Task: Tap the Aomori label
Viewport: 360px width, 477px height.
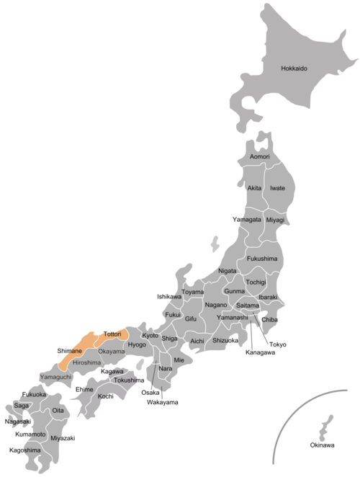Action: point(259,156)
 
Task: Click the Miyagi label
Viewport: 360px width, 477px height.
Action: point(275,220)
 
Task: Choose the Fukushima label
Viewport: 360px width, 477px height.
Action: point(262,258)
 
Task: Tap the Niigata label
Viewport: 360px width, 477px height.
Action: point(227,271)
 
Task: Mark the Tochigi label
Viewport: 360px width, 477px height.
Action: point(256,282)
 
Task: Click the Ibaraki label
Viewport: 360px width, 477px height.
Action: point(269,297)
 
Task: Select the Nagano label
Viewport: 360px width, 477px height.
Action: point(216,305)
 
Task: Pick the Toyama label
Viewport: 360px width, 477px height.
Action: point(192,293)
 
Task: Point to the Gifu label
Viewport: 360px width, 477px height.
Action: point(191,318)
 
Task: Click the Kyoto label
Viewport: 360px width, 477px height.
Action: point(150,336)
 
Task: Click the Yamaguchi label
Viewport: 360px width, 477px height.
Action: point(55,377)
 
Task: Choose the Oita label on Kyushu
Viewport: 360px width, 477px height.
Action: point(59,411)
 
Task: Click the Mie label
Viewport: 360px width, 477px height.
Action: point(179,359)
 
